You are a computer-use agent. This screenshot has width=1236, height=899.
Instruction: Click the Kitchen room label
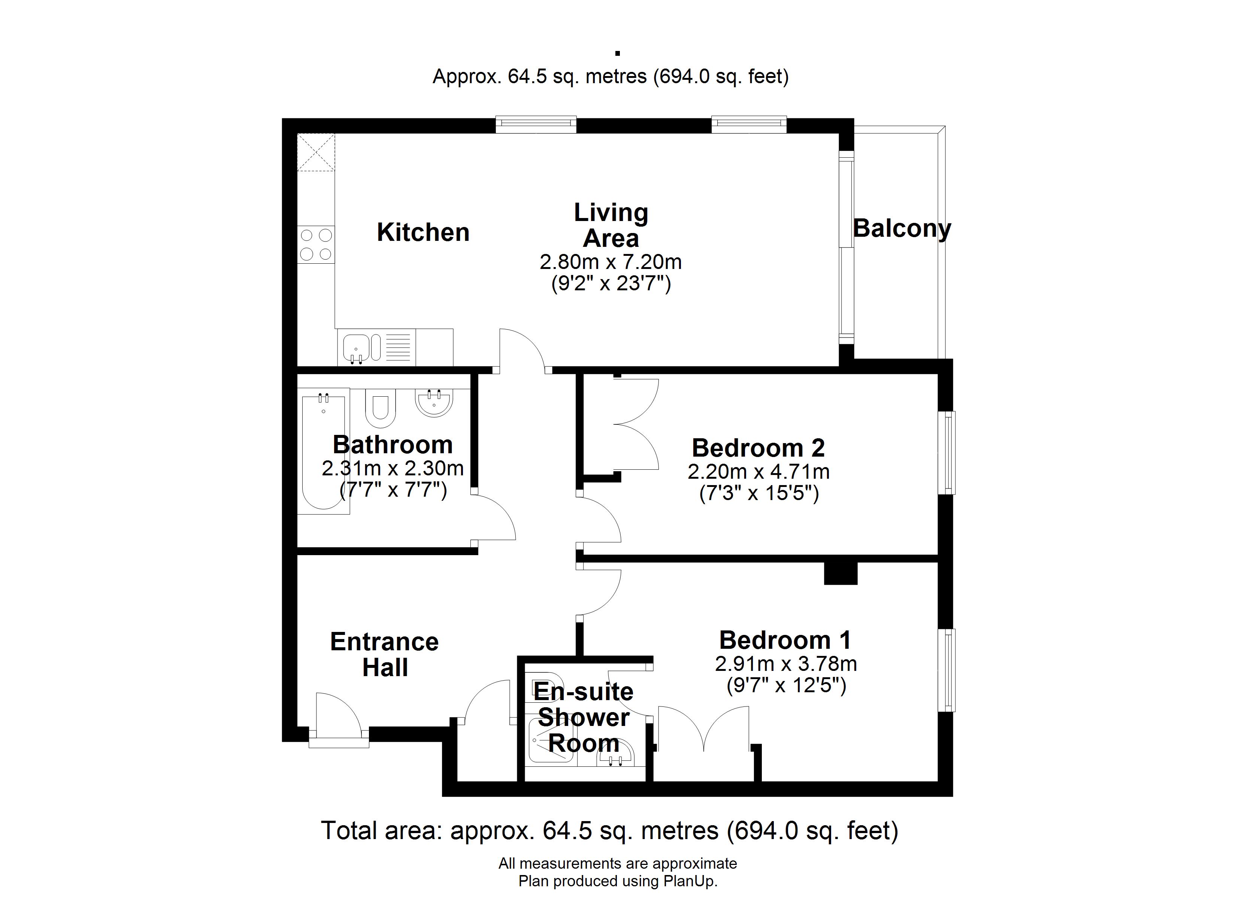[x=423, y=233]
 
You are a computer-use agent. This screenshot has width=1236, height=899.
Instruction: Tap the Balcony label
[x=902, y=228]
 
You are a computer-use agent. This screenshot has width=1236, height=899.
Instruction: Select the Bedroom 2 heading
[x=758, y=448]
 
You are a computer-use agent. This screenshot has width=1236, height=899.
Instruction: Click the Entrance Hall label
[x=385, y=655]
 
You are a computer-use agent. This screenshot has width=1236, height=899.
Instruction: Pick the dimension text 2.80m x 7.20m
[x=611, y=262]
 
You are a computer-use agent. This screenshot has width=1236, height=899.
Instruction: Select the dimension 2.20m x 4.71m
[x=758, y=472]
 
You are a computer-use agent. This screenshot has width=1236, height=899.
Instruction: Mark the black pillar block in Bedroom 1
[x=840, y=573]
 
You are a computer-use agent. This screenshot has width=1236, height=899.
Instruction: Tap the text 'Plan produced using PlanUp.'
[x=618, y=881]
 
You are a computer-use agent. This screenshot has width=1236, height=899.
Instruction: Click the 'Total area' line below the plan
[x=609, y=830]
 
